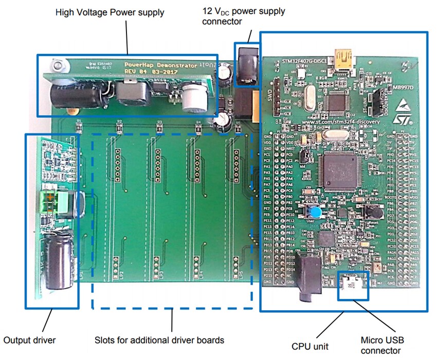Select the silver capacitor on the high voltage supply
coord(196,98)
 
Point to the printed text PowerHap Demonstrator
coord(161,66)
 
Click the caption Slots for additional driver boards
coord(159,339)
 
